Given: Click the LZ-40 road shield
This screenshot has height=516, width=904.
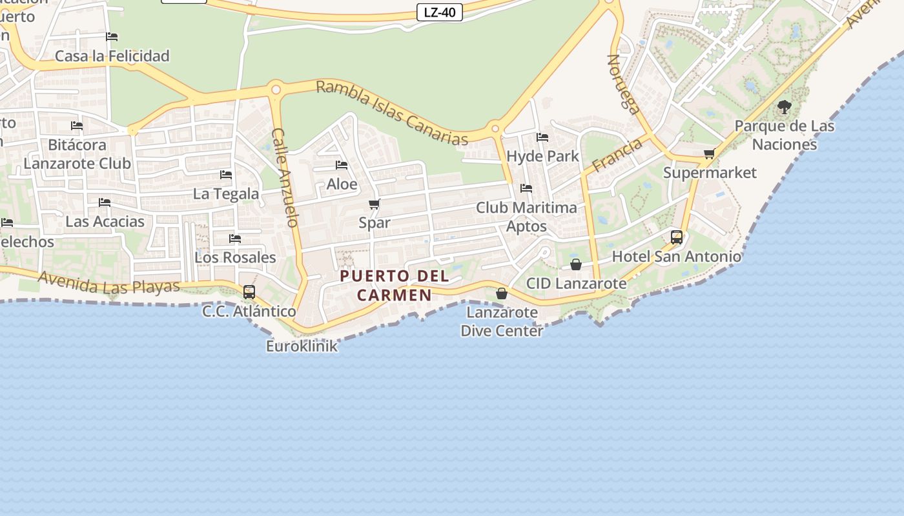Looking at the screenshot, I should coord(439,12).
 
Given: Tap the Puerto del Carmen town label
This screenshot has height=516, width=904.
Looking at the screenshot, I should coord(395,285).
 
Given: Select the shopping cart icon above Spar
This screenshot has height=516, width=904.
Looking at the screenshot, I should coord(374,204).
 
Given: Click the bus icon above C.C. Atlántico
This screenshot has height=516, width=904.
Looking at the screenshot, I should coord(249,292).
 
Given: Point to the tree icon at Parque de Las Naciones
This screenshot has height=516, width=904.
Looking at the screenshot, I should coord(784,107).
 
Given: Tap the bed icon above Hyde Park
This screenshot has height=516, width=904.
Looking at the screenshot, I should coord(542,137).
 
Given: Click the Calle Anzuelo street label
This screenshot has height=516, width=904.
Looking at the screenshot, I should coord(285,177).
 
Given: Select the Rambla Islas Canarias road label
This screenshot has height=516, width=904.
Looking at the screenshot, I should coord(392,113).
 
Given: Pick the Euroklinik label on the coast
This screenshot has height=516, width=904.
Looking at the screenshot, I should coord(302,346).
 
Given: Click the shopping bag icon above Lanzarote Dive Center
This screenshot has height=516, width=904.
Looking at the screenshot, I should coord(501,293).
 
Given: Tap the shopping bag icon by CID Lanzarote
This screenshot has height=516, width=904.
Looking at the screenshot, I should coord(576,264).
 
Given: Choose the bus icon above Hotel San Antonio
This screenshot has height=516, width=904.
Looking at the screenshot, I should coord(676,237).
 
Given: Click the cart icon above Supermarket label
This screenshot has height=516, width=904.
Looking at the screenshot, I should coord(709,154).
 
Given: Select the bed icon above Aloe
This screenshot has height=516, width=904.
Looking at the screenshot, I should coord(342,165).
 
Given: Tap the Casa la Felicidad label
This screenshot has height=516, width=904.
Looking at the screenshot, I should coord(112,56).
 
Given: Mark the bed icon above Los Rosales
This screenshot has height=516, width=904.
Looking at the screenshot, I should coord(235,239).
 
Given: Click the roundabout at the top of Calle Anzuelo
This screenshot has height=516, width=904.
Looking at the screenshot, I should coord(276,90).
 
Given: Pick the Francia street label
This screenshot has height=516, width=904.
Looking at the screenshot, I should coord(617,155).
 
